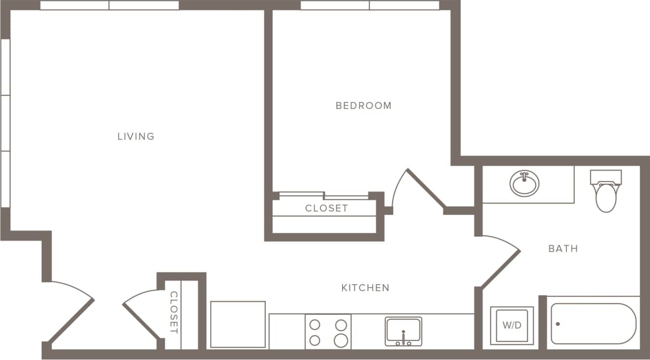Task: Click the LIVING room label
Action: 136,136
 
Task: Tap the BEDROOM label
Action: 364,105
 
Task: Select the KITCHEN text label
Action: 365,287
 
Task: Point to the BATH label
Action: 563,248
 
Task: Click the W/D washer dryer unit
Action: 512,325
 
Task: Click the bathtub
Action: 593,324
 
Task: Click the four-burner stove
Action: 328,332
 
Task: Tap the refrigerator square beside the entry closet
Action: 238,324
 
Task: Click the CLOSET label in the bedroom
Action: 326,208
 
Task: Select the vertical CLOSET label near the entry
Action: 174,313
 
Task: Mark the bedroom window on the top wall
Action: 369,5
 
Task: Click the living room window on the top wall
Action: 109,5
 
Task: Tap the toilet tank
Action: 606,176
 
